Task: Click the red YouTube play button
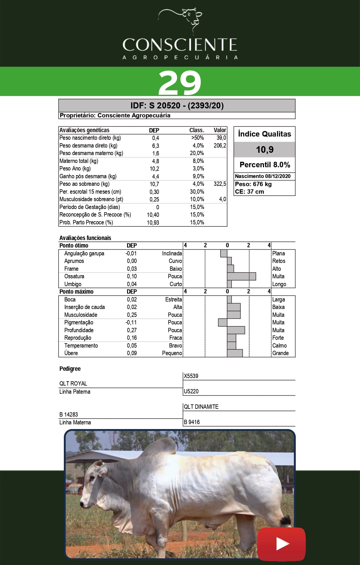click(281, 544)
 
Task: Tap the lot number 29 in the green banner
click(180, 83)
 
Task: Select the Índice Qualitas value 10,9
click(265, 150)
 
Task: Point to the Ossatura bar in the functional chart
click(241, 276)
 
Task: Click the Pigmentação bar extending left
click(223, 322)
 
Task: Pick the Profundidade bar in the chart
click(236, 330)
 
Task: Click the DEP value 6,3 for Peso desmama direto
click(155, 146)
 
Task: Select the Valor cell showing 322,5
click(220, 184)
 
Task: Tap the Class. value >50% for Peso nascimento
click(197, 138)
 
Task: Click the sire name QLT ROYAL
click(73, 384)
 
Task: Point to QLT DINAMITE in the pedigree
click(201, 407)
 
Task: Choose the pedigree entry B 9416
click(192, 422)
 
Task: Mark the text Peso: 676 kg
click(253, 184)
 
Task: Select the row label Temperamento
click(81, 346)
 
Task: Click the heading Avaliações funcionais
click(85, 238)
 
